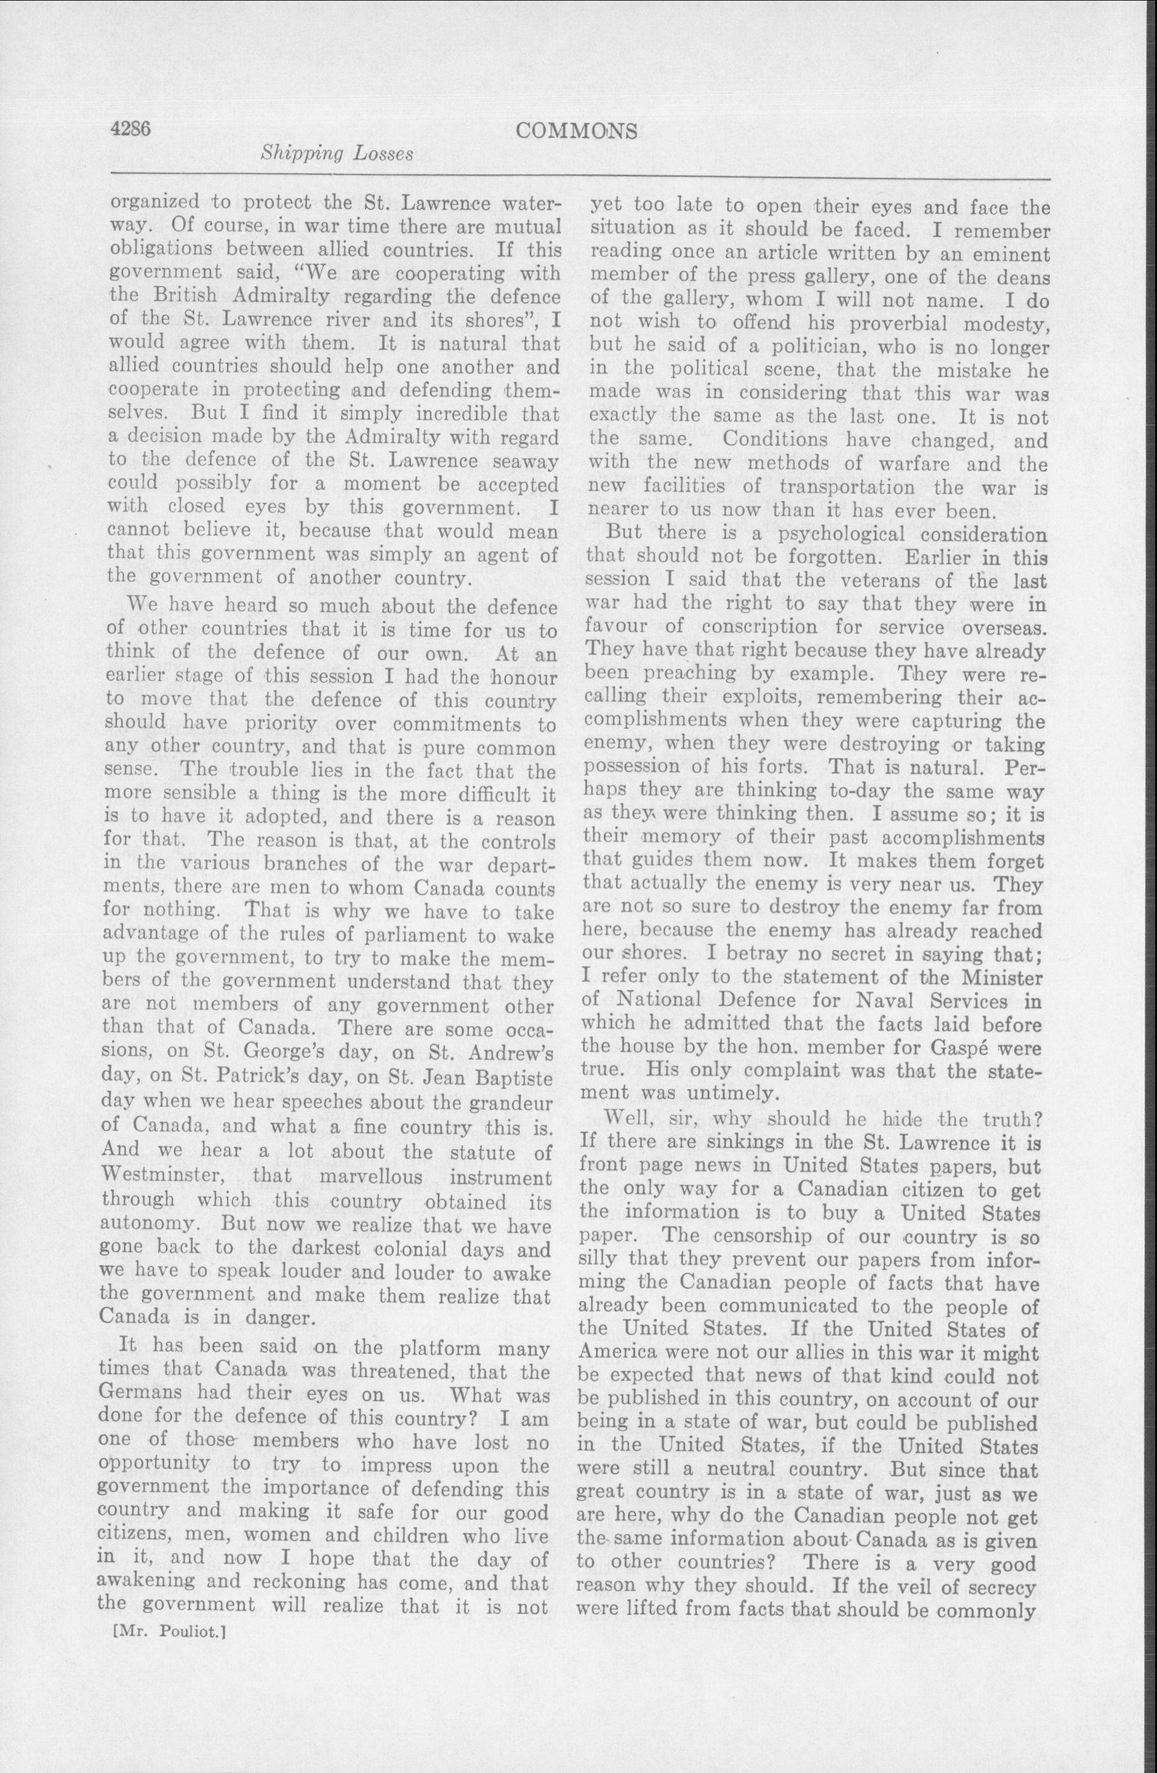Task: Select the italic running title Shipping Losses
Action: (x=336, y=154)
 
